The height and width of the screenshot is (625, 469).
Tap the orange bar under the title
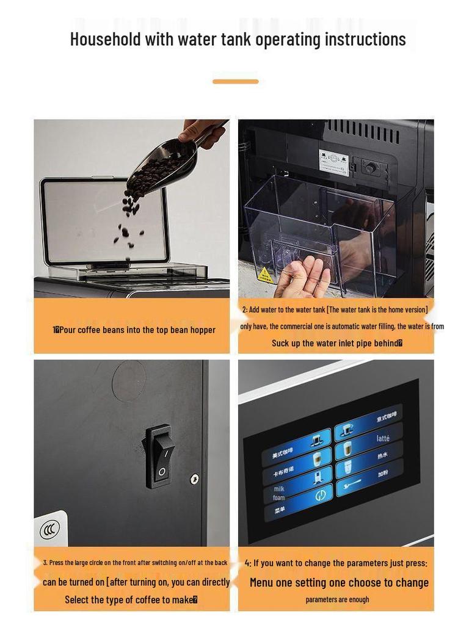point(235,81)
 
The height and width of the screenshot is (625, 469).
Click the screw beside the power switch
point(195,479)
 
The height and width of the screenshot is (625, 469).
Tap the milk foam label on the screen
point(278,493)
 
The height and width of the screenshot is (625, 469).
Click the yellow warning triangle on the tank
point(265,275)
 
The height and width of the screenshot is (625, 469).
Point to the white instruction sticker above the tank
point(333,162)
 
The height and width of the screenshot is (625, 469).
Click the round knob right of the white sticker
point(369,167)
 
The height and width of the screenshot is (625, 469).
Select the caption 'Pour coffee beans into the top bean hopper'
point(134,330)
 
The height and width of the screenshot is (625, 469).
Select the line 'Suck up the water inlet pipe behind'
point(336,343)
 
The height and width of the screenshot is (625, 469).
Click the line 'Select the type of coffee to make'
point(131,599)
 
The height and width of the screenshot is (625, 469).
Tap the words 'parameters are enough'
point(337,599)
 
